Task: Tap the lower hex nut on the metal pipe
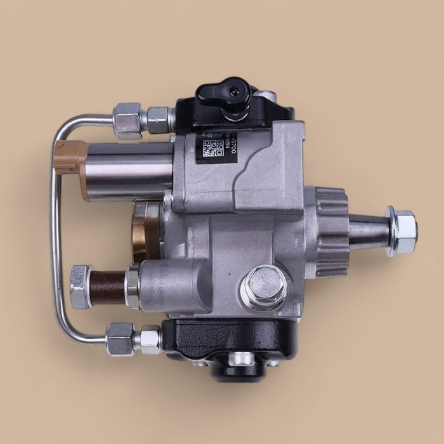tap(120, 338)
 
